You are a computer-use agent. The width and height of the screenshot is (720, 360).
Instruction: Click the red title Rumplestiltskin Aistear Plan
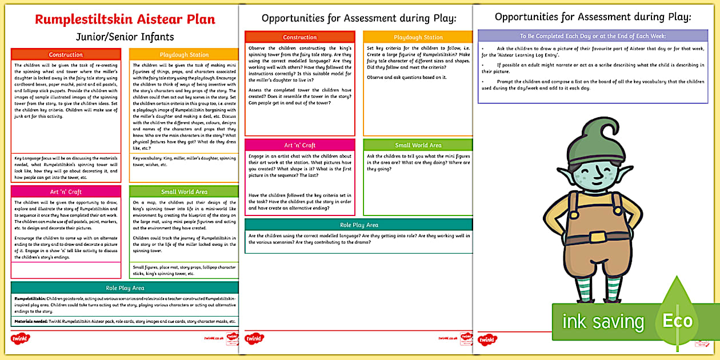[x=125, y=19]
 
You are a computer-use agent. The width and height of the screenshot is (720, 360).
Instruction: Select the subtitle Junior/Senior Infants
[x=125, y=38]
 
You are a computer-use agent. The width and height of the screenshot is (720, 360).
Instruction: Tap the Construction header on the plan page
[x=66, y=55]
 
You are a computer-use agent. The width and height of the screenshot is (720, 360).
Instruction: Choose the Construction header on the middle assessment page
[x=299, y=37]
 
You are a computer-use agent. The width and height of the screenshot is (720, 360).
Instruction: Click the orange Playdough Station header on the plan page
[x=183, y=55]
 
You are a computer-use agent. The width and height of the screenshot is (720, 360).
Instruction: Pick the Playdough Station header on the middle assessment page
[x=418, y=37]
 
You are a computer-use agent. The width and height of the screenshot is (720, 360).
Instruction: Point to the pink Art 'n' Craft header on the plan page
[x=66, y=192]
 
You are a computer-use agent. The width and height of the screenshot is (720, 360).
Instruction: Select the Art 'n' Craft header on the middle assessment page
[x=299, y=145]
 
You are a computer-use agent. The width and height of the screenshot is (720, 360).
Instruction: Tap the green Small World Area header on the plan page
[x=183, y=192]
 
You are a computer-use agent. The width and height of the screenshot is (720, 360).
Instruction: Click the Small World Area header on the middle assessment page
[x=418, y=145]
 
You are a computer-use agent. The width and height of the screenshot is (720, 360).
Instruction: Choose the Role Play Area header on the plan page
[x=125, y=288]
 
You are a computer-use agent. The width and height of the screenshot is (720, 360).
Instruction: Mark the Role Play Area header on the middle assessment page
[x=359, y=225]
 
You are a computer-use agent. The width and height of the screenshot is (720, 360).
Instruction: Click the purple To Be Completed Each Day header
[x=593, y=36]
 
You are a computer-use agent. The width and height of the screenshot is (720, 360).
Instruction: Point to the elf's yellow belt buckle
[x=598, y=237]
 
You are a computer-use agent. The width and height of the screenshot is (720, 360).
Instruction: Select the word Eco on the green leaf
[x=677, y=321]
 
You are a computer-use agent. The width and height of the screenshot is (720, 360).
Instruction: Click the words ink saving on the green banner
[x=603, y=321]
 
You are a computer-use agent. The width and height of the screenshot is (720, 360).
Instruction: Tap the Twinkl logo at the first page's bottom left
[x=22, y=339]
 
